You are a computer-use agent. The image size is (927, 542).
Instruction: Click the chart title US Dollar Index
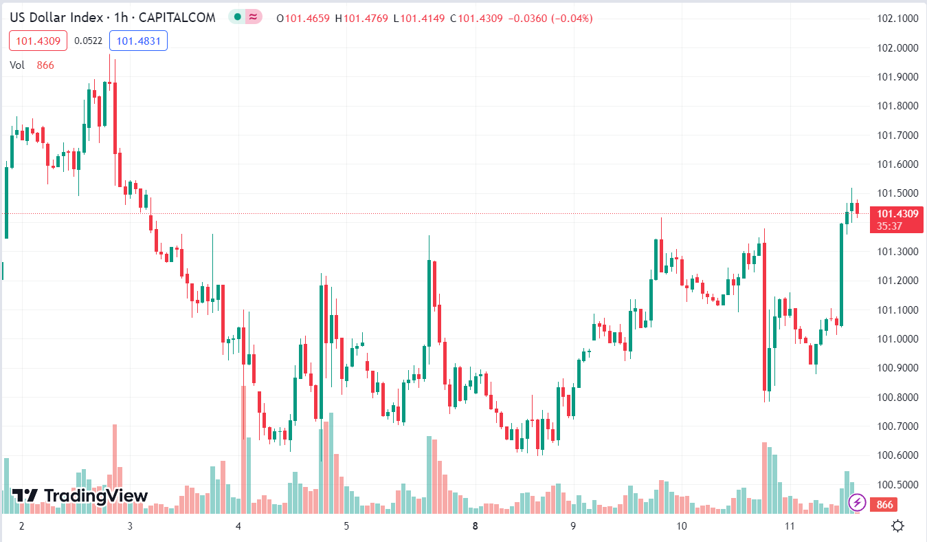tap(56, 18)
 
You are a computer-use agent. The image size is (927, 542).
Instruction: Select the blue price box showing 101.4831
tap(138, 41)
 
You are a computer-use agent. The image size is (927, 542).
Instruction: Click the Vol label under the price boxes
tap(17, 65)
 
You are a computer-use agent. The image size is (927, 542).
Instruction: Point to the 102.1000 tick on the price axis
tap(898, 19)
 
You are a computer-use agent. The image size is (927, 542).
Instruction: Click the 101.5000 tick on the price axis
tap(898, 193)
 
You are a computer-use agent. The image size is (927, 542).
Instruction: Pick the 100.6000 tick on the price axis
tap(898, 455)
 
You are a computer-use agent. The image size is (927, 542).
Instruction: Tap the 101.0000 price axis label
tap(898, 339)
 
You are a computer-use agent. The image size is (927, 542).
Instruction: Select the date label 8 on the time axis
tap(475, 526)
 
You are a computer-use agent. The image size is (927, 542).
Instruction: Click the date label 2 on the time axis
tap(22, 526)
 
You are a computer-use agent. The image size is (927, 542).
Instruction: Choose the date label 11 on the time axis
tap(790, 526)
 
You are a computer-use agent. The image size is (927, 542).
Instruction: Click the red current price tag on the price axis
tap(896, 219)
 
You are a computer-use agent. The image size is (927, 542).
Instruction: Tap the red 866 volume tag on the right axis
tap(885, 505)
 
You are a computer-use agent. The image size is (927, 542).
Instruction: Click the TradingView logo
tap(80, 495)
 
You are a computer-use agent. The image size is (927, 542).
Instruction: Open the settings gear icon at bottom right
tap(897, 526)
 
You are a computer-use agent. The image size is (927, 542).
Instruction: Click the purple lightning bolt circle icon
tap(857, 502)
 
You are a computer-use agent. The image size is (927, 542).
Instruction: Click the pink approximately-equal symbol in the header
tap(253, 17)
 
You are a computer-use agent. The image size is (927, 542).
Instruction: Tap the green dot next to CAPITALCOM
tap(237, 17)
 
